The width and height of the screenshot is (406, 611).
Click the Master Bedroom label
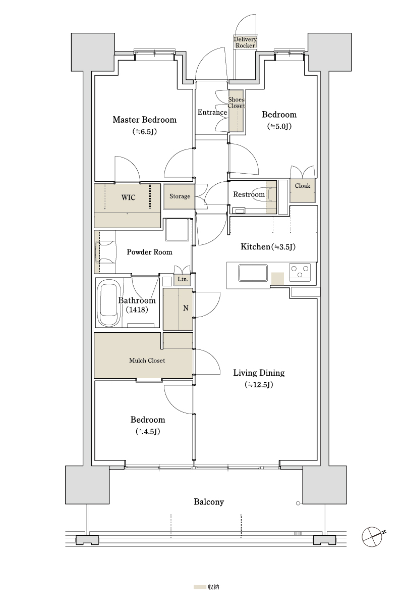[144, 120]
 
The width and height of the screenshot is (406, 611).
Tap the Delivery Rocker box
[245, 42]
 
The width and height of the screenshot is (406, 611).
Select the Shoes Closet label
[236, 103]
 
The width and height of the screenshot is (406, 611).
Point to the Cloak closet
[303, 190]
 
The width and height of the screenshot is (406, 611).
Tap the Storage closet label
[180, 196]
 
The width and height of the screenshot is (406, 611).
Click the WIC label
[128, 197]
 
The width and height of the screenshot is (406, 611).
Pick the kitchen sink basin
[253, 272]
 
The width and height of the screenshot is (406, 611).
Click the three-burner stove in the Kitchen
[300, 272]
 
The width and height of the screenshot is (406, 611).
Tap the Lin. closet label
[183, 279]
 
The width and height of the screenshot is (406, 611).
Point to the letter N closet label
[186, 308]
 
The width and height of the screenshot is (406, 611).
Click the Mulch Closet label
[147, 361]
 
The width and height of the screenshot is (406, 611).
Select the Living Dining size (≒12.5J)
[259, 385]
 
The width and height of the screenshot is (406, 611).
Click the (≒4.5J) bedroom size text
[148, 432]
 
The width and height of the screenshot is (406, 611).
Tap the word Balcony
[209, 502]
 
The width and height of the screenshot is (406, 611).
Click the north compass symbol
[373, 537]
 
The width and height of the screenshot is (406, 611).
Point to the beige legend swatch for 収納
[200, 587]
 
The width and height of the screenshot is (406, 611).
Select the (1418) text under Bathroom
[137, 310]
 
